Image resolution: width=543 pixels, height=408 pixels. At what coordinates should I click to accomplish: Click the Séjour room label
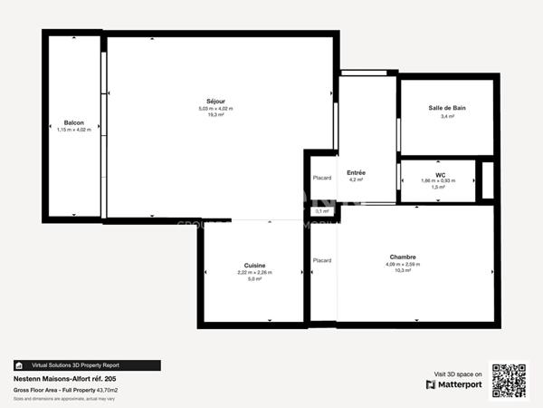pos(215,100)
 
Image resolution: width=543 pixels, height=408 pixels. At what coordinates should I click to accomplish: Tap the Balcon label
pos(74,122)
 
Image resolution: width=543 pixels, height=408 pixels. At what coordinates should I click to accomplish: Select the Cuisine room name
pos(254,265)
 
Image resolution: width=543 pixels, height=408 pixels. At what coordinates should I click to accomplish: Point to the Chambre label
pos(403,257)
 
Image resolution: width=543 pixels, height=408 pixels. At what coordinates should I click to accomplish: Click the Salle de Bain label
pos(447,108)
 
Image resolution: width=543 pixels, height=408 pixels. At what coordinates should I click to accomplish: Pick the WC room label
pos(439,173)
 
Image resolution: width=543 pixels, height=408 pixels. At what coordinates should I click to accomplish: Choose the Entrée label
pos(356,172)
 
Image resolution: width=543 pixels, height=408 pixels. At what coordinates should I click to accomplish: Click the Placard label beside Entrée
pos(322,178)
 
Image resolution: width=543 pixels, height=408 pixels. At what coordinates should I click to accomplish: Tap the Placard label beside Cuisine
pos(322,260)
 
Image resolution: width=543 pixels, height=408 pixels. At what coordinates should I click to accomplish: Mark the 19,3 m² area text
pos(215,115)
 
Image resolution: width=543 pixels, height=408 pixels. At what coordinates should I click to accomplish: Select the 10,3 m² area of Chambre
pos(403,271)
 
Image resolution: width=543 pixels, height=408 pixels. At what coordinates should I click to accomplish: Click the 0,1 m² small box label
pos(321,211)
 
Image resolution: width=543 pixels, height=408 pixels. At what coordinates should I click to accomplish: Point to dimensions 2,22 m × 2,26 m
pos(254,272)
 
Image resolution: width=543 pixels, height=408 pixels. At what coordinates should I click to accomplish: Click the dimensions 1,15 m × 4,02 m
pos(74,130)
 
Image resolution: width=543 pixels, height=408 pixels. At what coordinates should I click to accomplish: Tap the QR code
pos(509,380)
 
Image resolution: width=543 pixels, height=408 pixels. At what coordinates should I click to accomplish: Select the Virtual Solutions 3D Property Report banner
pos(87,365)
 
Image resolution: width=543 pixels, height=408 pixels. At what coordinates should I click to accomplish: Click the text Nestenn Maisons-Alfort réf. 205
pos(64,379)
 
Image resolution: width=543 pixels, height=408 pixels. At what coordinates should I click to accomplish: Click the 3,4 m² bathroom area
pos(447,116)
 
